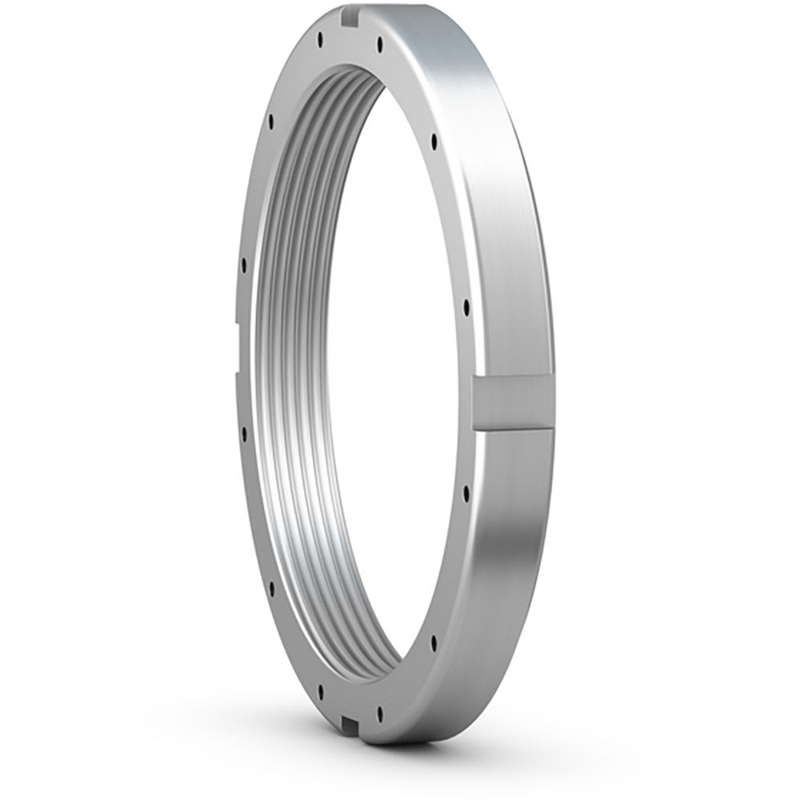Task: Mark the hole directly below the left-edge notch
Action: (x=242, y=433)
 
